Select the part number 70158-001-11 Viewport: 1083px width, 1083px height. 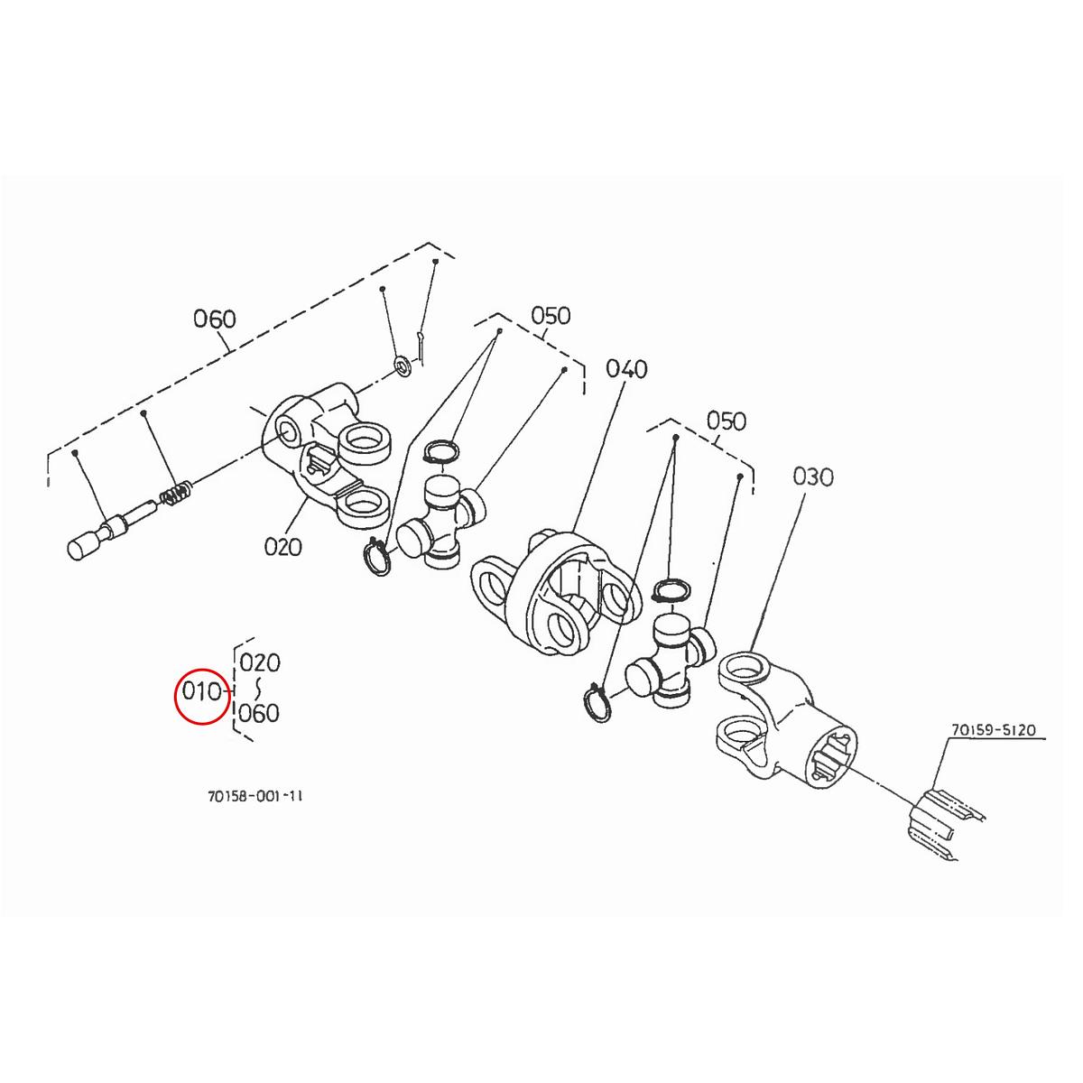coord(255,797)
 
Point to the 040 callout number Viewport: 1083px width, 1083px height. coord(626,368)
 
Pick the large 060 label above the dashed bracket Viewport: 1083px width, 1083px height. coord(215,319)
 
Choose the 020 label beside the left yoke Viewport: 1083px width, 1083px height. coord(283,546)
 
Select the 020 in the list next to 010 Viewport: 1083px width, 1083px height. coord(260,662)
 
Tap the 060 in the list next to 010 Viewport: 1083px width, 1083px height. coord(260,714)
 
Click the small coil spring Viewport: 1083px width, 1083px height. coord(176,495)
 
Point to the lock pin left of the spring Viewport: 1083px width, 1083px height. coord(104,532)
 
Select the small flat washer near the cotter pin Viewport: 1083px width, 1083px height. coord(400,367)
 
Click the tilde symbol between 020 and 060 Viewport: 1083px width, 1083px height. coord(260,689)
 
